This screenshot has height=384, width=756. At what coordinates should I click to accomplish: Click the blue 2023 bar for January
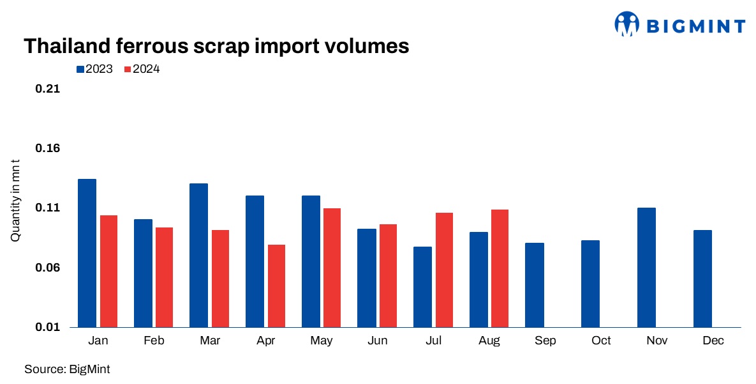[x=87, y=253]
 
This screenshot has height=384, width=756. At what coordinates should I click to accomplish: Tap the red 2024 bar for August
[x=500, y=268]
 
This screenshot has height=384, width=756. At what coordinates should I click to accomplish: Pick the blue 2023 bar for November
[x=646, y=267]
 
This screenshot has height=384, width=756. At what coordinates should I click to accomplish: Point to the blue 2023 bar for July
[x=422, y=287]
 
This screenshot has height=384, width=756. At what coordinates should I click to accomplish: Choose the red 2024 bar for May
[x=332, y=268]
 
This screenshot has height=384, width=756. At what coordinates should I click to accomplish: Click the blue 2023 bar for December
[x=702, y=279]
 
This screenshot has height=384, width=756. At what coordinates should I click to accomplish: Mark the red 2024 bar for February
[x=164, y=277]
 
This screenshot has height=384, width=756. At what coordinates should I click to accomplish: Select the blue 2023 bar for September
[x=535, y=285]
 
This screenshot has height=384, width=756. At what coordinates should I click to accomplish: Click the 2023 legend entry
[x=94, y=69]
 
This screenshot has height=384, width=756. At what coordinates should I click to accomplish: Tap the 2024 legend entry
[x=142, y=69]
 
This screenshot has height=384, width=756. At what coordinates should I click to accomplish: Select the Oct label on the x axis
[x=601, y=341]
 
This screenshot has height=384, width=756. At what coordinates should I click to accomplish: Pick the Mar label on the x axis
[x=210, y=341]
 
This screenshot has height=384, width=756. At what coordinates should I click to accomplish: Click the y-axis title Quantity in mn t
[x=16, y=200]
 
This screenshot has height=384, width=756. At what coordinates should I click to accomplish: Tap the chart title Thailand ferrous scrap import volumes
[x=216, y=46]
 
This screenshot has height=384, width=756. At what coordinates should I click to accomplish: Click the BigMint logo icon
[x=626, y=24]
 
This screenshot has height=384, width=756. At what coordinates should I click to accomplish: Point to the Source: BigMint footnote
[x=63, y=369]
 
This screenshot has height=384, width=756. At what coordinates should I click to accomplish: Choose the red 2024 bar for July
[x=444, y=270]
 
